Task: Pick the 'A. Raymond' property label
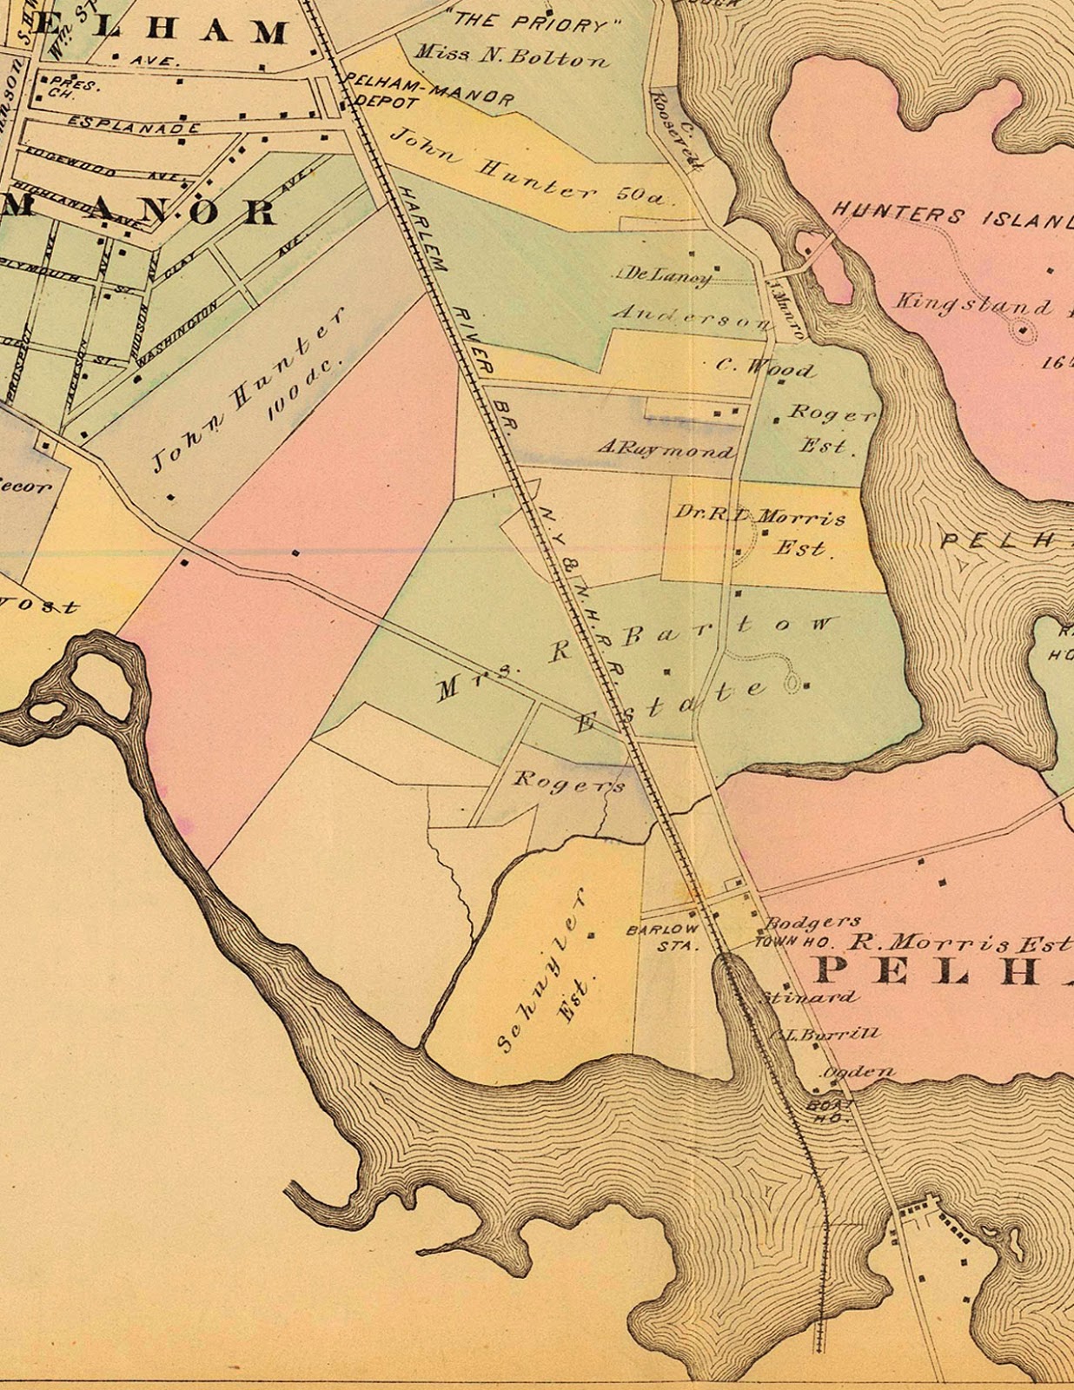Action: pos(666,449)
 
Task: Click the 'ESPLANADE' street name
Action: pos(134,125)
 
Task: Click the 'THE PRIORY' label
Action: pos(531,23)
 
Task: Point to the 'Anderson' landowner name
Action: pos(691,317)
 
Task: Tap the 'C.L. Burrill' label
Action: pos(825,1034)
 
